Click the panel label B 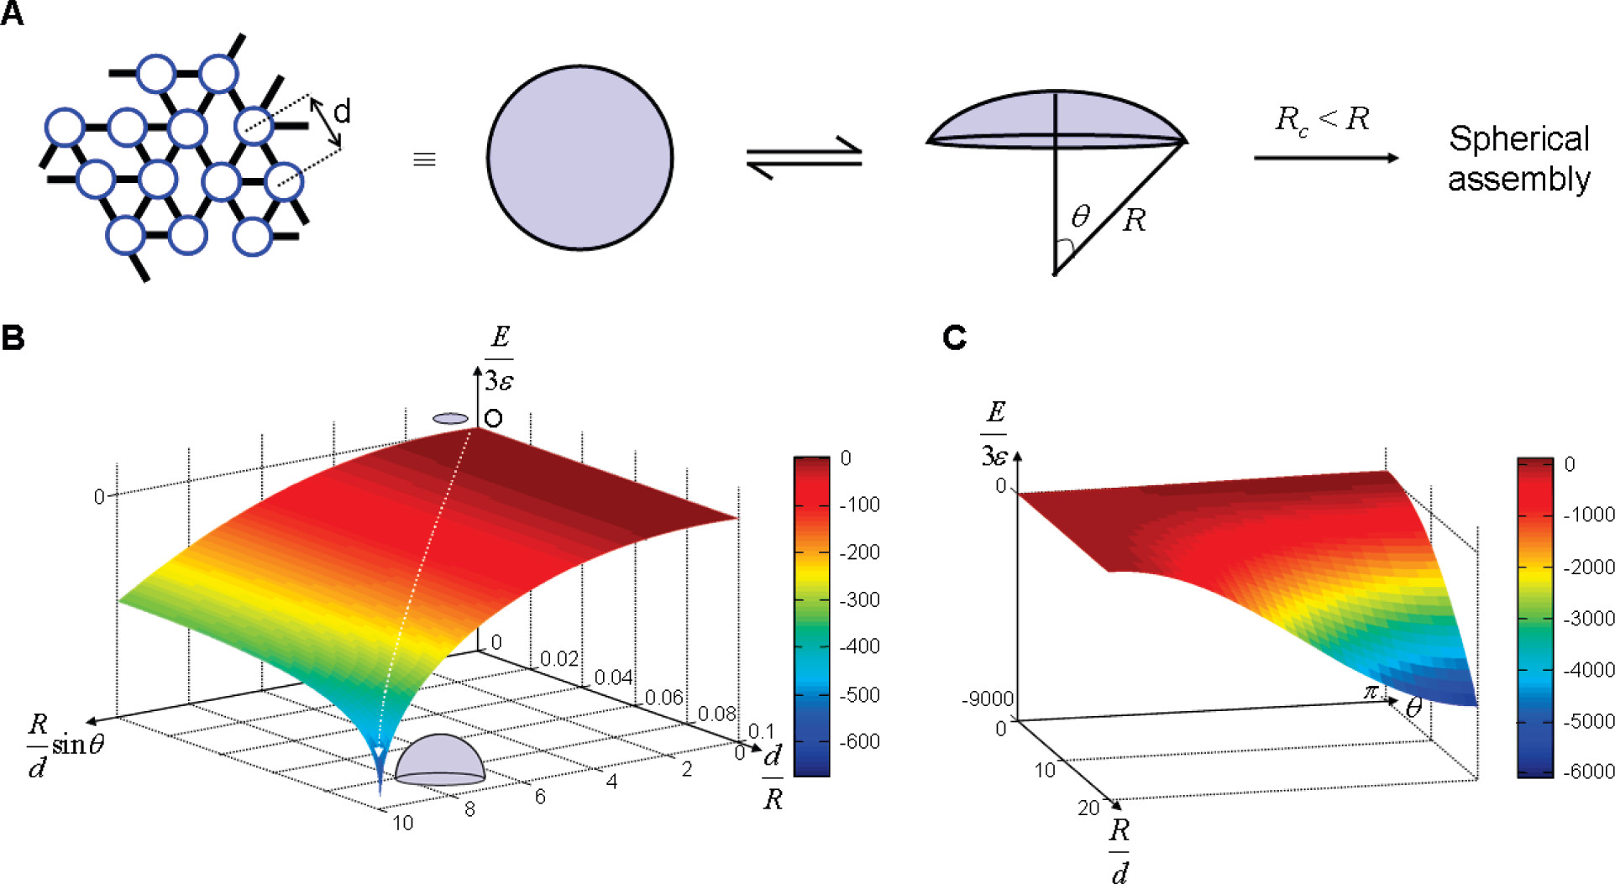pos(13,337)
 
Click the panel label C pos(954,337)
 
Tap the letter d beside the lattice pos(342,111)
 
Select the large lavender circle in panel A pos(579,158)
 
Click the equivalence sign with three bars pos(424,160)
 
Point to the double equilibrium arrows pos(804,158)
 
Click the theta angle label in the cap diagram pos(1081,217)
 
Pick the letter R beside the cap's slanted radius pos(1134,220)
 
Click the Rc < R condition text pos(1322,119)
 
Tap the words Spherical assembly pos(1518,159)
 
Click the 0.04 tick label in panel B pos(613,677)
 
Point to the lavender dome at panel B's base pos(440,761)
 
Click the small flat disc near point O pos(451,418)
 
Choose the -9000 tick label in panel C pos(988,699)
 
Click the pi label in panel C pos(1371,692)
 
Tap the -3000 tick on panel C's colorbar pos(1589,619)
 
